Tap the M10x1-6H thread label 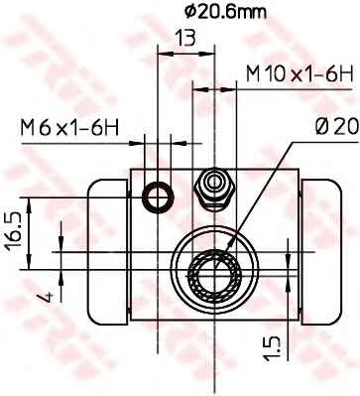pos(300,74)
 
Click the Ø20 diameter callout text pos(326,128)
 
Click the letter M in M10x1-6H pos(256,74)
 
